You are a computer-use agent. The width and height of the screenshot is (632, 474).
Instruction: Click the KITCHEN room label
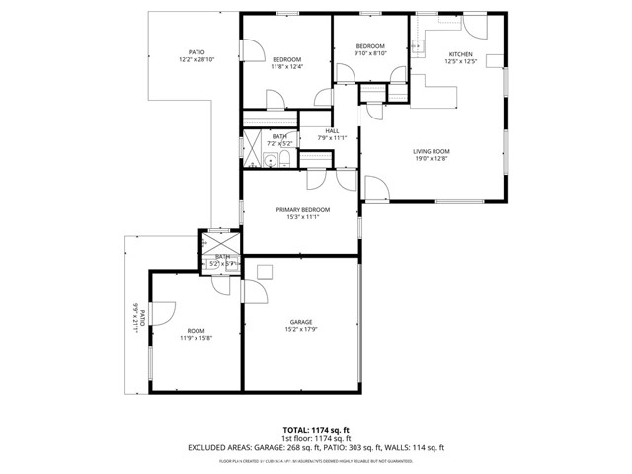point(461,54)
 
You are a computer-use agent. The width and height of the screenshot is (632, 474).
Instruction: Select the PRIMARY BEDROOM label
point(302,210)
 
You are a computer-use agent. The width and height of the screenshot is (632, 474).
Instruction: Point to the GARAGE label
point(301,322)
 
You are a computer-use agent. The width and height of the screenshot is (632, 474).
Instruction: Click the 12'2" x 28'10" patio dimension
point(197,60)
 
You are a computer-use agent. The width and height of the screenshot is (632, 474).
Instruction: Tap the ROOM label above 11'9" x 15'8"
point(196,330)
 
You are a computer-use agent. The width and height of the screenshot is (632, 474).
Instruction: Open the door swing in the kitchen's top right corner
point(473,25)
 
